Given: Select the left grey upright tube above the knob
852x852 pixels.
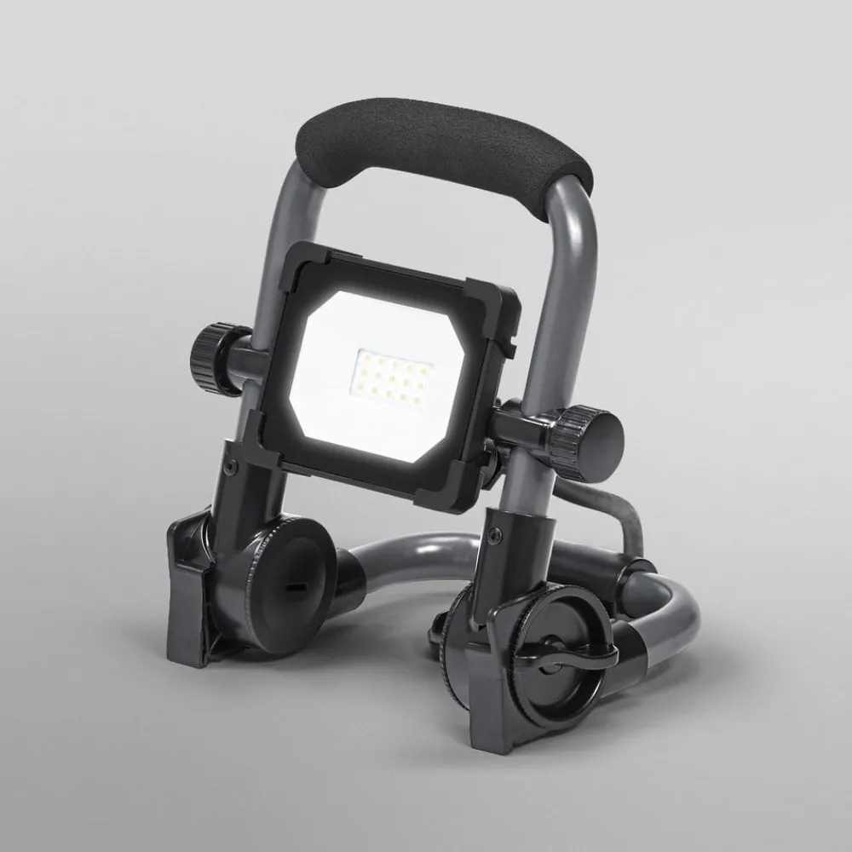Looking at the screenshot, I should pos(294,222).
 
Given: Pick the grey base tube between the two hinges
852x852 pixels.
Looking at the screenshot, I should pos(400,554).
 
